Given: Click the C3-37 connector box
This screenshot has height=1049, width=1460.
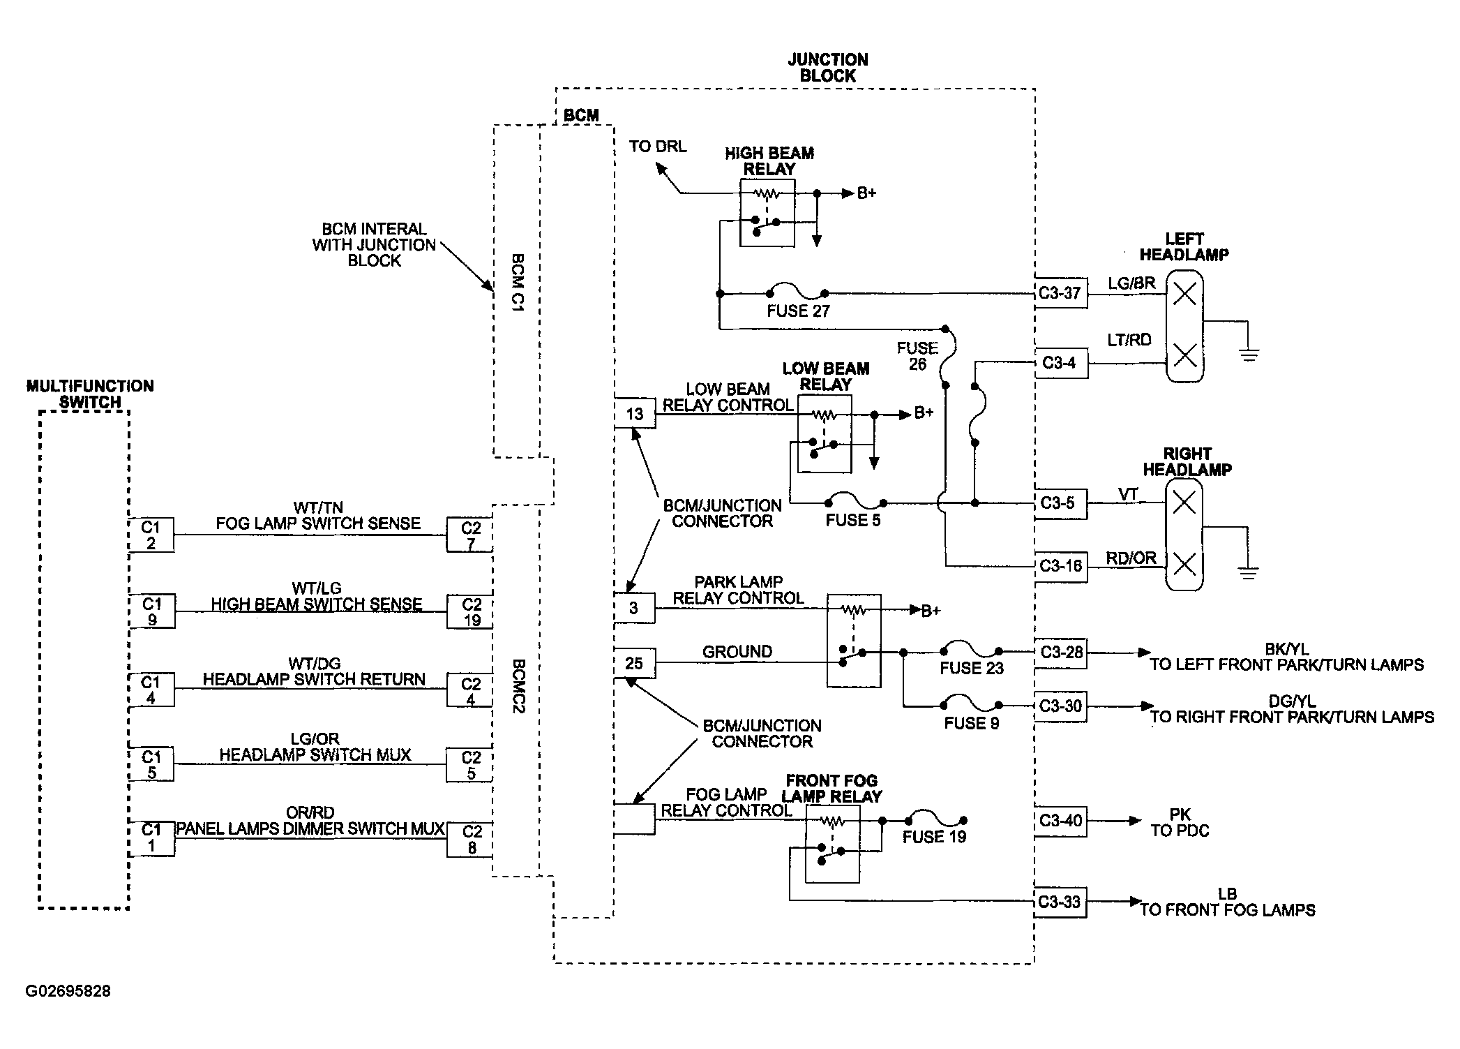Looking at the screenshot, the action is coord(1060,294).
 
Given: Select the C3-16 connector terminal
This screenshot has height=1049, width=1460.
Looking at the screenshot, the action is coord(1060,566).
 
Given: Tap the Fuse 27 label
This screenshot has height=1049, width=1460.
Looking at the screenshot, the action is coord(798,311).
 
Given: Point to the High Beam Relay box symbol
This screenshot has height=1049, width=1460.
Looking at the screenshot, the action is coord(767,212).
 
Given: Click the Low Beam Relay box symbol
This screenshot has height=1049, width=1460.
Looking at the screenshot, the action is coord(825,433).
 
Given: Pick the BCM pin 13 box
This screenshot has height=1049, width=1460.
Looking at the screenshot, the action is coord(635,414).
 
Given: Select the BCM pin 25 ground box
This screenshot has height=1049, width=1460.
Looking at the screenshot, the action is coord(635,663).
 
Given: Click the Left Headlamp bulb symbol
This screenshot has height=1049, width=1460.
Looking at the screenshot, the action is coord(1185,325).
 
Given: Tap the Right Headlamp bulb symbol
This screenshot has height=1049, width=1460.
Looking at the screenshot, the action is coord(1184,534).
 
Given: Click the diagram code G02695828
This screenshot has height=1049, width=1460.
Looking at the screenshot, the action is coord(68,991).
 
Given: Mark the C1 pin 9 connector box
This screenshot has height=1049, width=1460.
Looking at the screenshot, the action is coord(151,611).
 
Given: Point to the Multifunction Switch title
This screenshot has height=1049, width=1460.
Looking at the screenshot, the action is coord(90,394).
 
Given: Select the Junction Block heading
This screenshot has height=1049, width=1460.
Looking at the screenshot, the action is coord(828,68).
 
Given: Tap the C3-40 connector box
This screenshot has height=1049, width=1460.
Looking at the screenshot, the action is coord(1060,821).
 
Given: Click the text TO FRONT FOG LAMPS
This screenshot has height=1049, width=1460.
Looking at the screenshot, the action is coord(1228,910).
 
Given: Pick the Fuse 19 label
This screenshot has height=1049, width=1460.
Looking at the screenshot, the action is coord(934,837).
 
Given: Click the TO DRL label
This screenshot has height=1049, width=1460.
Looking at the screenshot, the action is coord(658,147).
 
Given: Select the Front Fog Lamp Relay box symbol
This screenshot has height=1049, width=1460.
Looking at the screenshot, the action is coord(832,844).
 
